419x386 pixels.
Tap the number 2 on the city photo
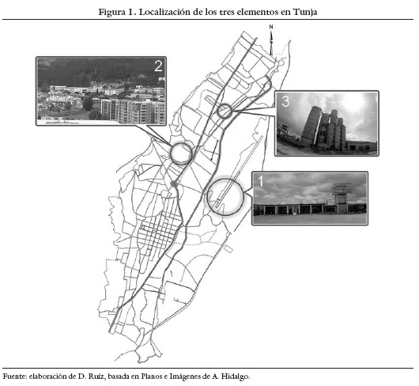[158, 66]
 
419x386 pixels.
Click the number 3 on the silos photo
[285, 101]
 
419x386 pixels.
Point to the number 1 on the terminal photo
[260, 181]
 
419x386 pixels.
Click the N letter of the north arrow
[271, 27]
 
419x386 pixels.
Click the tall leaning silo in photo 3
[310, 127]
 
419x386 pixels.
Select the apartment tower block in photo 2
[133, 111]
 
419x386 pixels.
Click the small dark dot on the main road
[174, 184]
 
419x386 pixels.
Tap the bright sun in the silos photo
[352, 101]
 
